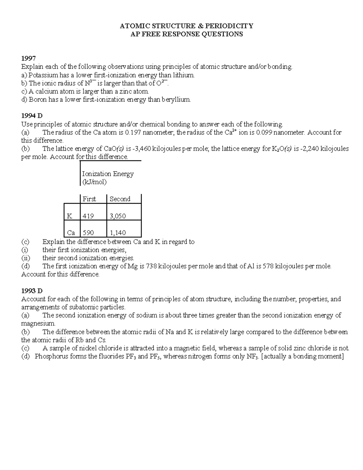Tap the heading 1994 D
[32, 116]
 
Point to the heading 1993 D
[32, 291]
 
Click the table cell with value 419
[88, 216]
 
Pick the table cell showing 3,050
[118, 216]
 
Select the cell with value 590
[88, 233]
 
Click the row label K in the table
[70, 216]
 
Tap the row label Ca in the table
[71, 233]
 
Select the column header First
[89, 199]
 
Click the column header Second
[120, 199]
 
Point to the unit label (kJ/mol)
[94, 182]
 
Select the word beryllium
[176, 100]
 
